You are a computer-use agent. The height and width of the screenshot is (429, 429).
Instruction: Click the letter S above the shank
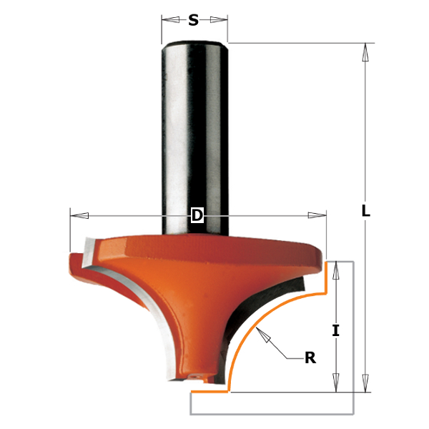(x=193, y=21)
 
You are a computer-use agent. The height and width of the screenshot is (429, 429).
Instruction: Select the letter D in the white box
(x=197, y=215)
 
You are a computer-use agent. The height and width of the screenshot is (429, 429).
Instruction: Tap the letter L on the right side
(x=366, y=211)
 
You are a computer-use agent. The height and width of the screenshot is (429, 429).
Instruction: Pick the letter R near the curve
(x=310, y=358)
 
